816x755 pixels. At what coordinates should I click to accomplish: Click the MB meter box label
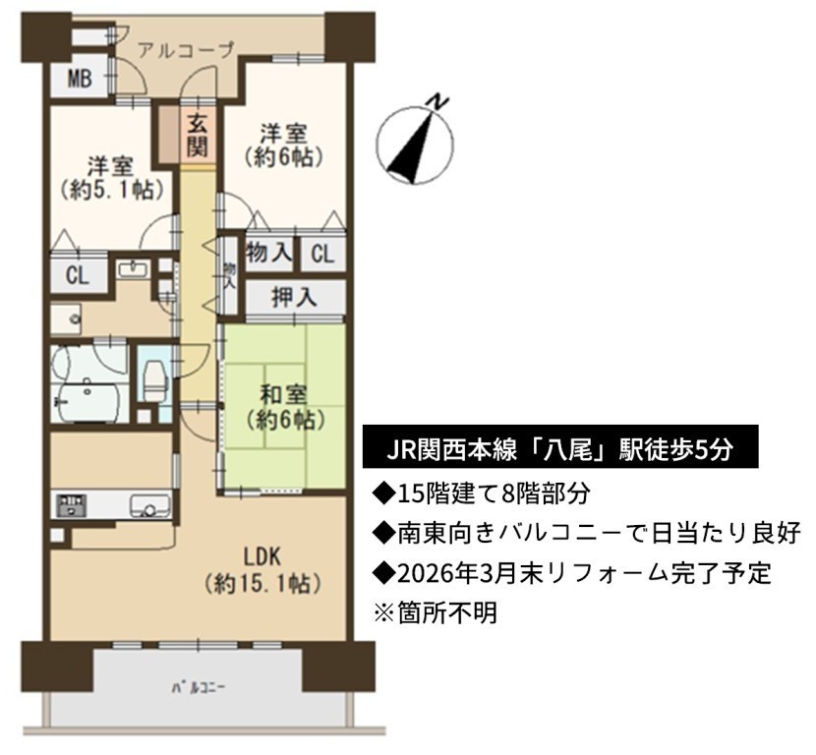pos(81,79)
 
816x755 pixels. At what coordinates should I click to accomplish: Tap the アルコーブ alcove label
pos(187,51)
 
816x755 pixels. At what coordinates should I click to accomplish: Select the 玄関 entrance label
pos(198,137)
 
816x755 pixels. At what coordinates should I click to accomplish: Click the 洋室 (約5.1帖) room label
pos(111,179)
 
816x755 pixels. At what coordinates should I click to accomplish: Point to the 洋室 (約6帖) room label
pos(283,145)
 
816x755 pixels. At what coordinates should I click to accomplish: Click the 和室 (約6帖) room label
pos(283,408)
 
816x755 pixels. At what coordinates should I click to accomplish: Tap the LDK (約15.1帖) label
pos(262,571)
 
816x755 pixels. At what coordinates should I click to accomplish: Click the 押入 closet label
pos(294,297)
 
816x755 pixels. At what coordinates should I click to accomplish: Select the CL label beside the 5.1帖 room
pos(78,275)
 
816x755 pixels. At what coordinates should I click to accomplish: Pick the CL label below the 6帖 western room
pos(322,254)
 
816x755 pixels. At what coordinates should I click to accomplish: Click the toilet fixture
pos(154,380)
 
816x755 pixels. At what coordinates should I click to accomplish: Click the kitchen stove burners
pos(73,505)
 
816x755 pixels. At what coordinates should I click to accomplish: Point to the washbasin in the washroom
pos(134,269)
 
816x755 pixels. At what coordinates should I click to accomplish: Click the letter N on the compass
pos(440,101)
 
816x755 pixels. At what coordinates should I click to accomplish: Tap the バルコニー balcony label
pos(199,688)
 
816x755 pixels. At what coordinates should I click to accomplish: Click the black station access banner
pos(560,447)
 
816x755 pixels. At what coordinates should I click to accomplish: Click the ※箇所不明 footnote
pos(437,612)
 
